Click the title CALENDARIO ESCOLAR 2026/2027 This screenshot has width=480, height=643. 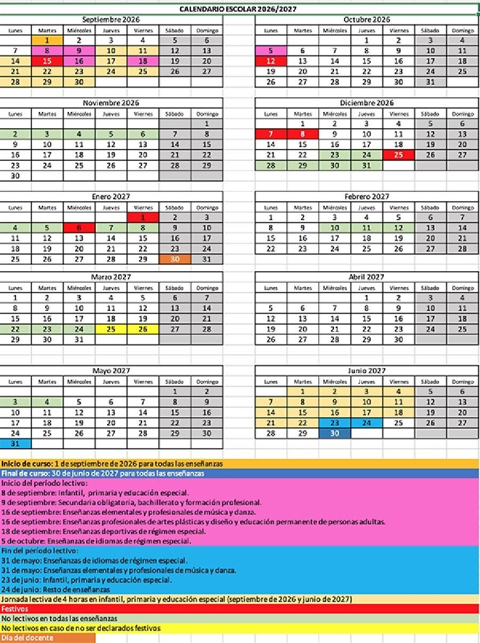click(238, 9)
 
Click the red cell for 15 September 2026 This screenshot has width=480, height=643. click(47, 61)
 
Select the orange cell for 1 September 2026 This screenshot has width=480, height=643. click(47, 40)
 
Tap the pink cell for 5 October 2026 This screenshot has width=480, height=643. click(270, 51)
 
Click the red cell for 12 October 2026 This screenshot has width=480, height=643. click(270, 61)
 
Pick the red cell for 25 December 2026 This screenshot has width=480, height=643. click(398, 155)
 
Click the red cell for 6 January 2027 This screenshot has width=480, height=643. click(79, 228)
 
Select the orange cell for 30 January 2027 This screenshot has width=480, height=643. click(174, 259)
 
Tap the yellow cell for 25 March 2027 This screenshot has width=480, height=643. click(111, 329)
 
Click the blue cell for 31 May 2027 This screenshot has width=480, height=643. click(15, 443)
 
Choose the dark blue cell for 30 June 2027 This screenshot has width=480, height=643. click(335, 433)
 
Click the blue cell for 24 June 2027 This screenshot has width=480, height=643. click(366, 423)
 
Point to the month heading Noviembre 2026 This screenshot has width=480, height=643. click(111, 103)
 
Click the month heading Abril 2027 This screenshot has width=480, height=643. click(366, 277)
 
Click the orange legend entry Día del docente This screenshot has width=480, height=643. click(47, 638)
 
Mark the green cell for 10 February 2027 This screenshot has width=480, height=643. click(335, 228)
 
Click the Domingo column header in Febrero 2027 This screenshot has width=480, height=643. click(462, 207)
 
